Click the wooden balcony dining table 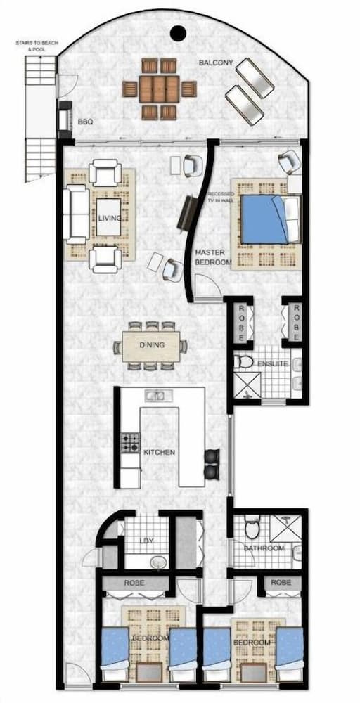tap(159, 89)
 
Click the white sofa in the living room tap(76, 213)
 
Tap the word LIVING tap(109, 219)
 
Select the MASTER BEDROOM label tap(213, 257)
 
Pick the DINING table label tap(152, 345)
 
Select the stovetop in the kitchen tap(130, 442)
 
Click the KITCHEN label tap(159, 452)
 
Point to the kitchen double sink tap(155, 396)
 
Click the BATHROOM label tap(264, 548)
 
